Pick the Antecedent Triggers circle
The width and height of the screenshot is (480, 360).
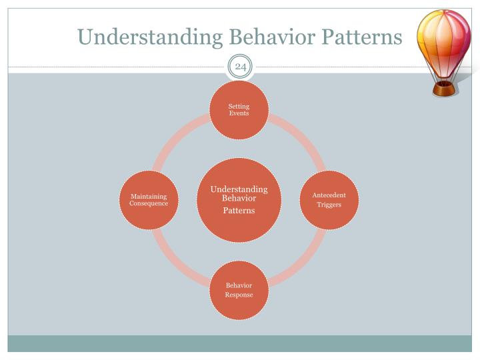pyautogui.click(x=329, y=199)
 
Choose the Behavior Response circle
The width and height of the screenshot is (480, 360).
pyautogui.click(x=239, y=290)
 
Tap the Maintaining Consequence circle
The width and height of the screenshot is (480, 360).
pyautogui.click(x=149, y=199)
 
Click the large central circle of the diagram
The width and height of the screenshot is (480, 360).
pyautogui.click(x=239, y=200)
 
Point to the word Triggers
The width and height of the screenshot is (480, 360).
pyautogui.click(x=329, y=205)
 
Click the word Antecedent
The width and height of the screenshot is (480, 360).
pyautogui.click(x=329, y=195)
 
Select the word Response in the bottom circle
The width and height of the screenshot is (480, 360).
pyautogui.click(x=239, y=295)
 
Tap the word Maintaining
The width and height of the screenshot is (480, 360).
pyautogui.click(x=149, y=196)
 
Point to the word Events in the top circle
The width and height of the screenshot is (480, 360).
pyautogui.click(x=239, y=113)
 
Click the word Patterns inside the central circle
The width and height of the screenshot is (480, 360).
pyautogui.click(x=239, y=211)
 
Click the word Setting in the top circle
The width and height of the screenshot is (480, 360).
pyautogui.click(x=239, y=106)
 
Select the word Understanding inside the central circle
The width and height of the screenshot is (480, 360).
pyautogui.click(x=239, y=190)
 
